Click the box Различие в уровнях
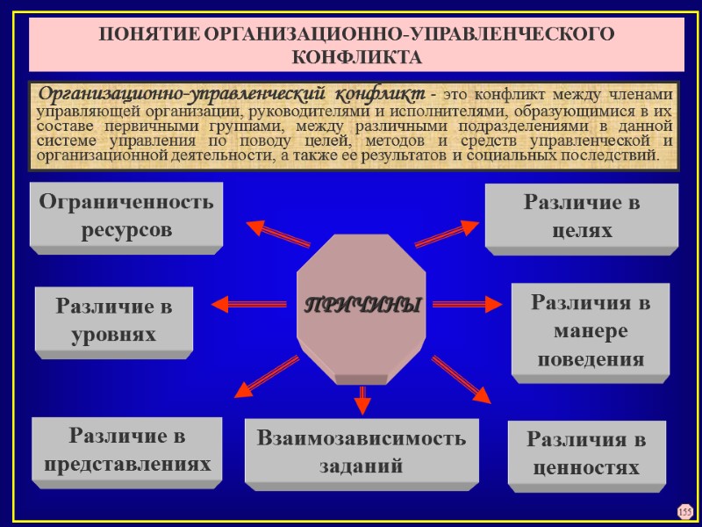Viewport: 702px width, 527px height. pyautogui.click(x=113, y=321)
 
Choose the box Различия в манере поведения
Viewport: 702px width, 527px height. pyautogui.click(x=590, y=331)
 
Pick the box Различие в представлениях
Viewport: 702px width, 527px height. pyautogui.click(x=123, y=449)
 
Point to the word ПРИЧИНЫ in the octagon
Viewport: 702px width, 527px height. pyautogui.click(x=362, y=307)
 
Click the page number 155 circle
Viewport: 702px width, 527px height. pyautogui.click(x=684, y=511)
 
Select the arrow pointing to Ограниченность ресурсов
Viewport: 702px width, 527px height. pyautogui.click(x=277, y=233)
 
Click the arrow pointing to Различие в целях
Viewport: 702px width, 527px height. pyautogui.click(x=446, y=233)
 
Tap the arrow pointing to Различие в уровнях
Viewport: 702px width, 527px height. pyautogui.click(x=250, y=304)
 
